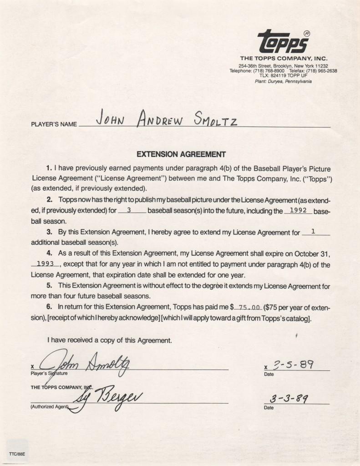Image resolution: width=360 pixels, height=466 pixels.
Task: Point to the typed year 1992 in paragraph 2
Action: (x=298, y=210)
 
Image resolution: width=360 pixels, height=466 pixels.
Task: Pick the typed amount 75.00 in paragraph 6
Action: (x=249, y=307)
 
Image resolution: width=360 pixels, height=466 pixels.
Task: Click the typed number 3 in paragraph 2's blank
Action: (x=130, y=211)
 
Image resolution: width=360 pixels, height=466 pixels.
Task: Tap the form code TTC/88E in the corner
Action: (x=16, y=453)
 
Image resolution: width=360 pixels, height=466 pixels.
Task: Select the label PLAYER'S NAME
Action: (x=54, y=124)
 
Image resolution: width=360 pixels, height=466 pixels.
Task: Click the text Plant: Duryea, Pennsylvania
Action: (x=283, y=81)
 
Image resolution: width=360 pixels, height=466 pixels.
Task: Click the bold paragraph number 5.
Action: (x=49, y=286)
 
